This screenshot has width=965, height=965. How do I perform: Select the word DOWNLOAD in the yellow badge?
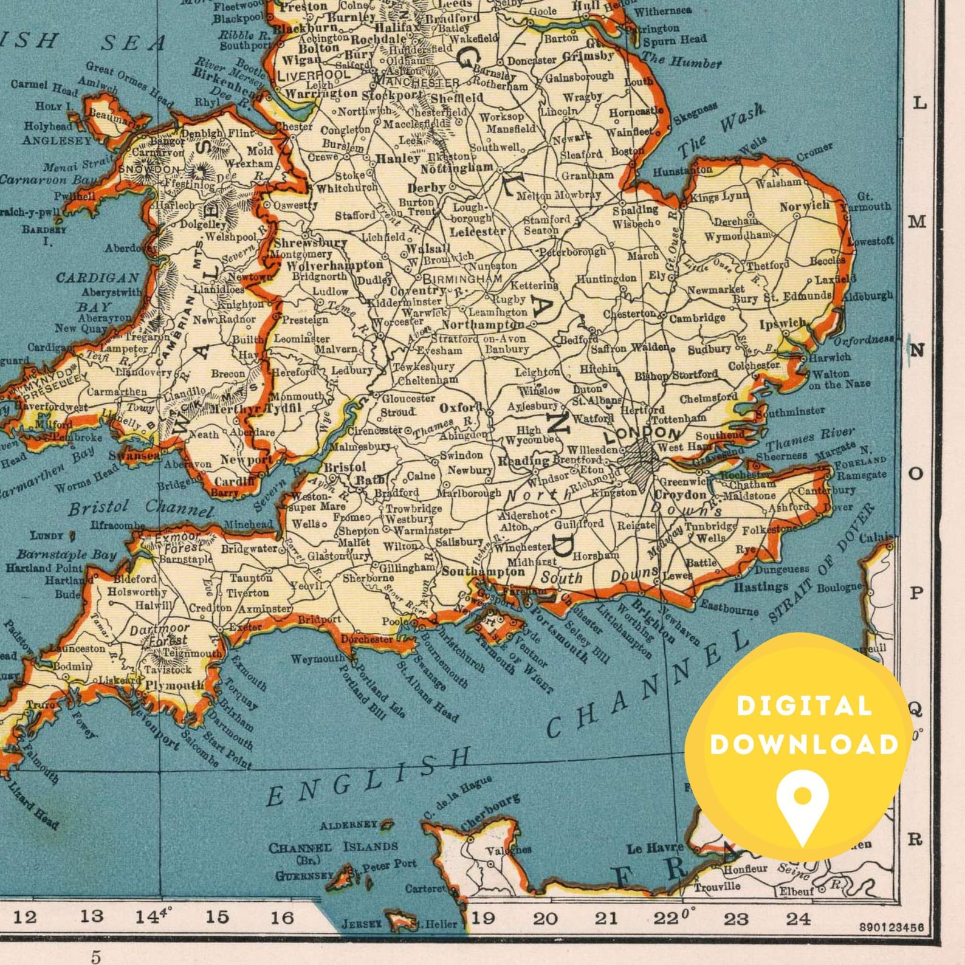tap(804, 744)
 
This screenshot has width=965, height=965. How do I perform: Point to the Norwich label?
tap(805, 206)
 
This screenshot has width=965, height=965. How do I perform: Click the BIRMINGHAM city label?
tap(462, 279)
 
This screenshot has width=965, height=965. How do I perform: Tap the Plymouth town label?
tap(175, 685)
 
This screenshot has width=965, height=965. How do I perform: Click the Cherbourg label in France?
tap(490, 812)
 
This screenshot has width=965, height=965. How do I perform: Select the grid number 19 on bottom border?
tap(484, 917)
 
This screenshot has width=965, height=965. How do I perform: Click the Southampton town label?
tap(483, 571)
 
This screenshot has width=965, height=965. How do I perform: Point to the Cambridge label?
tap(697, 317)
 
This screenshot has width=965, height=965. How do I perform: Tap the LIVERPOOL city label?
tap(314, 75)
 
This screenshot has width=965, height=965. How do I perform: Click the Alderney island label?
tap(349, 825)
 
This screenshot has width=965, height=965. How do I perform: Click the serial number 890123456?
tap(891, 927)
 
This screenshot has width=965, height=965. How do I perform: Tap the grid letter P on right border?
tap(916, 592)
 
